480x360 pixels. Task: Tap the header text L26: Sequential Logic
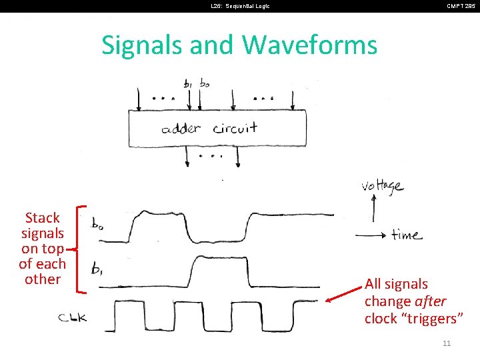tap(240, 6)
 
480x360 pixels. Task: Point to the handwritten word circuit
tap(235, 128)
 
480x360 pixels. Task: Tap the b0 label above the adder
tap(204, 84)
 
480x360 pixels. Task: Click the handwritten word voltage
tap(382, 185)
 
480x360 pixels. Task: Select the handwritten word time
tap(406, 235)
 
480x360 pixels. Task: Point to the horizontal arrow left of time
tap(371, 235)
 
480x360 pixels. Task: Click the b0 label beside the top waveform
tap(99, 224)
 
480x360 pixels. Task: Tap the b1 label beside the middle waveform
tap(97, 269)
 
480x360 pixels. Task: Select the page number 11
tap(447, 343)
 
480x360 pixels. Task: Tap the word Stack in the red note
tap(42, 218)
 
